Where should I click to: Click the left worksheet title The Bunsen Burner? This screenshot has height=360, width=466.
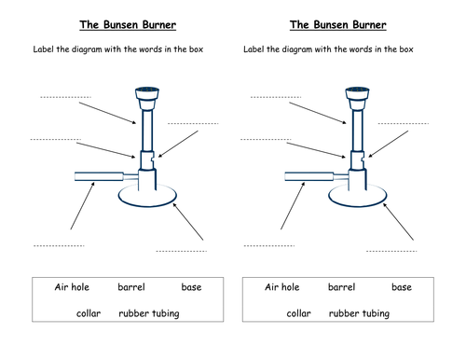point(128,25)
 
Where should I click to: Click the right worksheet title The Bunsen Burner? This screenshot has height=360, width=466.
point(338,25)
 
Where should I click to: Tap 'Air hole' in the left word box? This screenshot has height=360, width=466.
point(72,287)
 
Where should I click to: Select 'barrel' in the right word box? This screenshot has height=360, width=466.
point(341,287)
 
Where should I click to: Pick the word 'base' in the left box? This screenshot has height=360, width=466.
point(191,287)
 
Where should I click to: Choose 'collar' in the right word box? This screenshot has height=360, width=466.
point(298,313)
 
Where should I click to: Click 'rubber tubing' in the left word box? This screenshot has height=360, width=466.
point(149,313)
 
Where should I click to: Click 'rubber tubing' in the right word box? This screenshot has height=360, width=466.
point(359,313)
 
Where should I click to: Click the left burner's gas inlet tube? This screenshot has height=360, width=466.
point(99,176)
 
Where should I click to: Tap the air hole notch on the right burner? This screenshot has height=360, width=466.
point(363,159)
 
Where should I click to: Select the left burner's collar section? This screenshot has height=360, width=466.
point(146,160)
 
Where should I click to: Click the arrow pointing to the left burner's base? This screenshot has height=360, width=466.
point(188,222)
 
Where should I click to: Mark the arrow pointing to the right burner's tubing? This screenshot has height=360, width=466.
point(293,206)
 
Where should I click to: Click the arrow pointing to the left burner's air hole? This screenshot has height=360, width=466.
point(178,144)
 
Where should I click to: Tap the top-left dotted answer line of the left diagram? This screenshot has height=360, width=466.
point(65,97)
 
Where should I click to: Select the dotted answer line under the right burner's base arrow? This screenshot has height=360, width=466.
point(391,251)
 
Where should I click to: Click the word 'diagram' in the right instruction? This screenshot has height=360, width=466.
point(296,49)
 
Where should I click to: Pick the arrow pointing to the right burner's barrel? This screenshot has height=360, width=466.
point(318,113)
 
